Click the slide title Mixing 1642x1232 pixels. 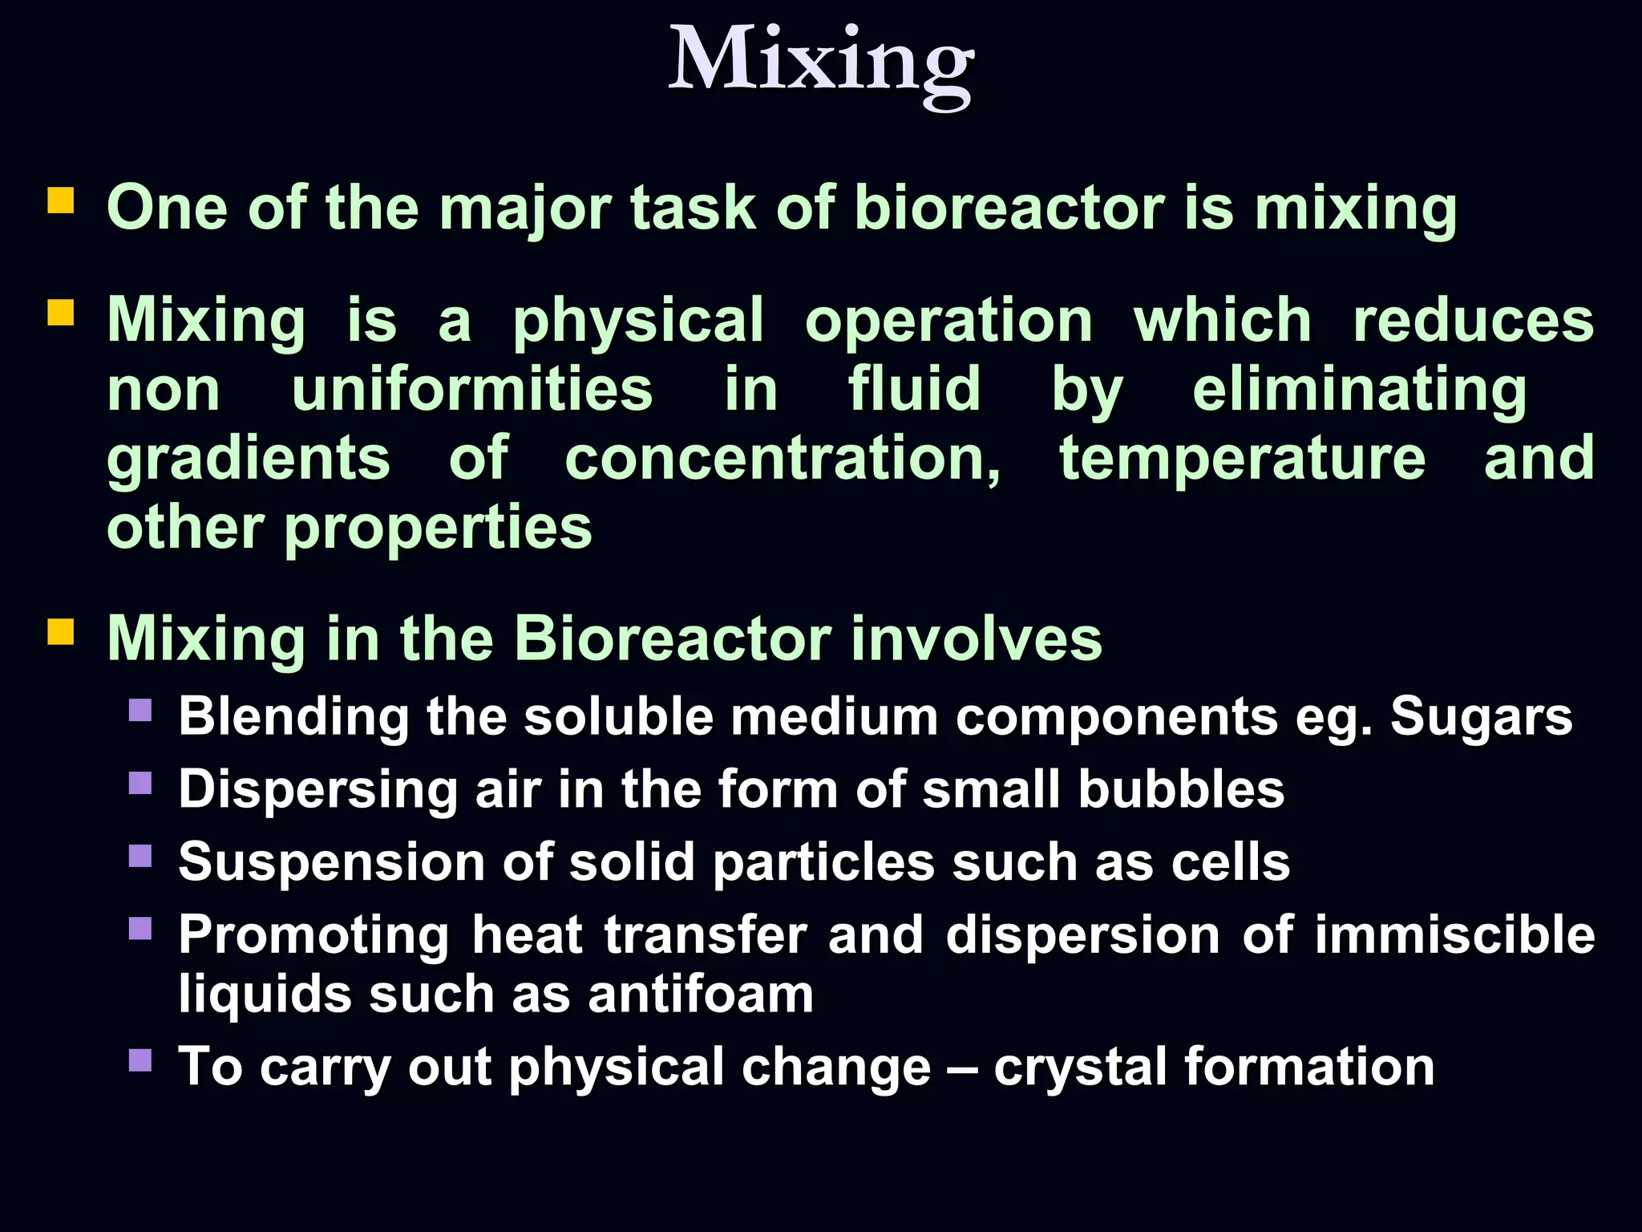click(821, 63)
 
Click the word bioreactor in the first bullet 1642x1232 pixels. click(1009, 209)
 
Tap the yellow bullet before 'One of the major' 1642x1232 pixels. click(61, 201)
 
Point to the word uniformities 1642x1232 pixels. click(472, 390)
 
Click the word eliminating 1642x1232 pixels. click(1360, 390)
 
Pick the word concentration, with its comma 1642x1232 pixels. click(783, 459)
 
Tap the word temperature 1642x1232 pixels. click(1242, 459)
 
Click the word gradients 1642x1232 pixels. click(249, 459)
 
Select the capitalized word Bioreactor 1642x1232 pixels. click(672, 639)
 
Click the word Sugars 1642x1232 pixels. click(1481, 715)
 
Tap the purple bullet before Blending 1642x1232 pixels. click(140, 711)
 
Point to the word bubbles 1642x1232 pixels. click(1181, 788)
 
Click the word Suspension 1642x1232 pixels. click(331, 862)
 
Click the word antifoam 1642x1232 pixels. click(701, 995)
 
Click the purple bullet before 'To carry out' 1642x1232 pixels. click(140, 1061)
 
